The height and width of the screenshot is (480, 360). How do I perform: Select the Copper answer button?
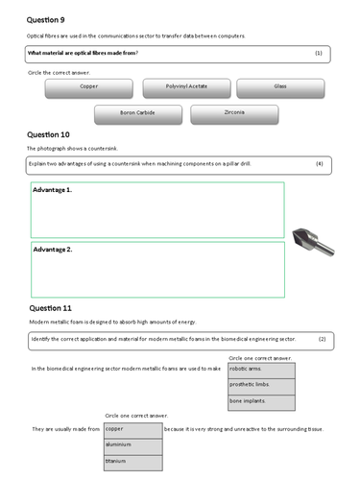tap(89, 87)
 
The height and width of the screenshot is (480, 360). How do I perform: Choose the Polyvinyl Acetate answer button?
tap(180, 87)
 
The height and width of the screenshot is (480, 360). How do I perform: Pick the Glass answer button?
tap(279, 87)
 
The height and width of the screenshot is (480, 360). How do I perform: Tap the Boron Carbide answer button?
tap(137, 114)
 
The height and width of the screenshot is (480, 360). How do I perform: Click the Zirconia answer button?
tap(233, 114)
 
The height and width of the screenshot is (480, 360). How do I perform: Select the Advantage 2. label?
tap(53, 250)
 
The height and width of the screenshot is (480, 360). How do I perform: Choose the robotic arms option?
tap(260, 368)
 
